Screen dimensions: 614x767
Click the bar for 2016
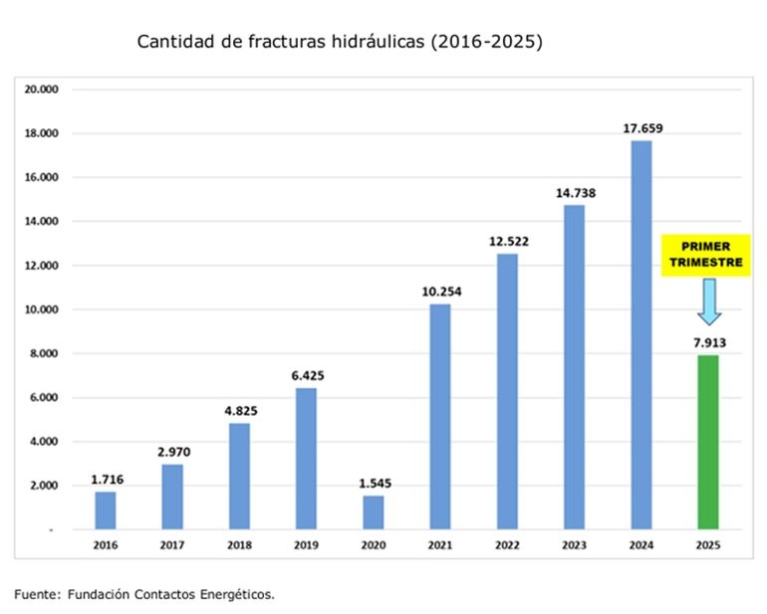tap(105, 510)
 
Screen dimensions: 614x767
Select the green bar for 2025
tap(707, 442)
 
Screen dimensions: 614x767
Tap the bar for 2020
tap(373, 512)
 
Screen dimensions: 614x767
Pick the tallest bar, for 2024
tap(640, 334)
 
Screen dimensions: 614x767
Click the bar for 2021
tap(439, 416)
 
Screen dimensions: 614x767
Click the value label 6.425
tap(307, 375)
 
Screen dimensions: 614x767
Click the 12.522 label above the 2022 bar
tap(507, 241)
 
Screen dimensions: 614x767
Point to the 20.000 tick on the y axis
tap(43, 90)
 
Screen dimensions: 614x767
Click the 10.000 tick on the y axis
tap(43, 309)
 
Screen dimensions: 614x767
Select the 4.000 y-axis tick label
tap(46, 442)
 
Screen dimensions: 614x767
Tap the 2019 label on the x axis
tap(306, 546)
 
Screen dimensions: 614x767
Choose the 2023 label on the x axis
tap(574, 546)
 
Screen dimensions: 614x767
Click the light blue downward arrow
tap(708, 302)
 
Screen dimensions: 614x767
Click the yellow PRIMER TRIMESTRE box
tap(706, 255)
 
